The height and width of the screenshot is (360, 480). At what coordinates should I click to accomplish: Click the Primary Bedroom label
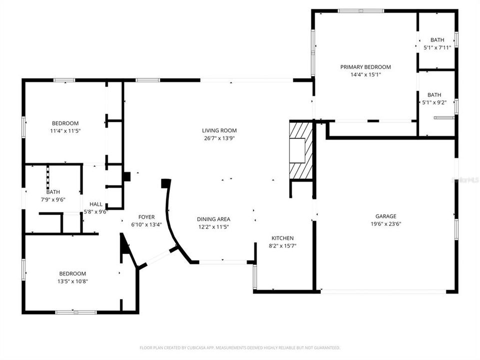365,67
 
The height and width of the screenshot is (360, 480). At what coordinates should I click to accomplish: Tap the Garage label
386,216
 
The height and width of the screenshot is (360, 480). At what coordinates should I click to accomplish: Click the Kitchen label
282,238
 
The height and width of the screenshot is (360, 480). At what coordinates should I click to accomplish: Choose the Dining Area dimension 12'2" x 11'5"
213,226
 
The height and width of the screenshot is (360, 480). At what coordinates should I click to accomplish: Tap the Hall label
96,204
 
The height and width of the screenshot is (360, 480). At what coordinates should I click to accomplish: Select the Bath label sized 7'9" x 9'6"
53,192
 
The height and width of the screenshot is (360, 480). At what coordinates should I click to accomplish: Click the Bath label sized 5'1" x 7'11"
437,40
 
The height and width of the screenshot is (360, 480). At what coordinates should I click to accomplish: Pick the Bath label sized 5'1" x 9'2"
434,95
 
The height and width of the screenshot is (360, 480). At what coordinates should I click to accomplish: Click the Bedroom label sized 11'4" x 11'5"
65,123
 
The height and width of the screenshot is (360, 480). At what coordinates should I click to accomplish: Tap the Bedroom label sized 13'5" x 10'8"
72,273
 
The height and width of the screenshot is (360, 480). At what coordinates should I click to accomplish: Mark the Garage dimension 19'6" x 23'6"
386,224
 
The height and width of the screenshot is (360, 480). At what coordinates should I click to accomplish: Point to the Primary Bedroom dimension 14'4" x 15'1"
365,74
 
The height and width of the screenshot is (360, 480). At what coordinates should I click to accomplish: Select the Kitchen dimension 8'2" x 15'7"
282,245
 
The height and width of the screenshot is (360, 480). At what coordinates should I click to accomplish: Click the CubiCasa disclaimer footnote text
240,347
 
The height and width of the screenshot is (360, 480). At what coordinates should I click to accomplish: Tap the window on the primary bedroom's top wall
361,10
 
